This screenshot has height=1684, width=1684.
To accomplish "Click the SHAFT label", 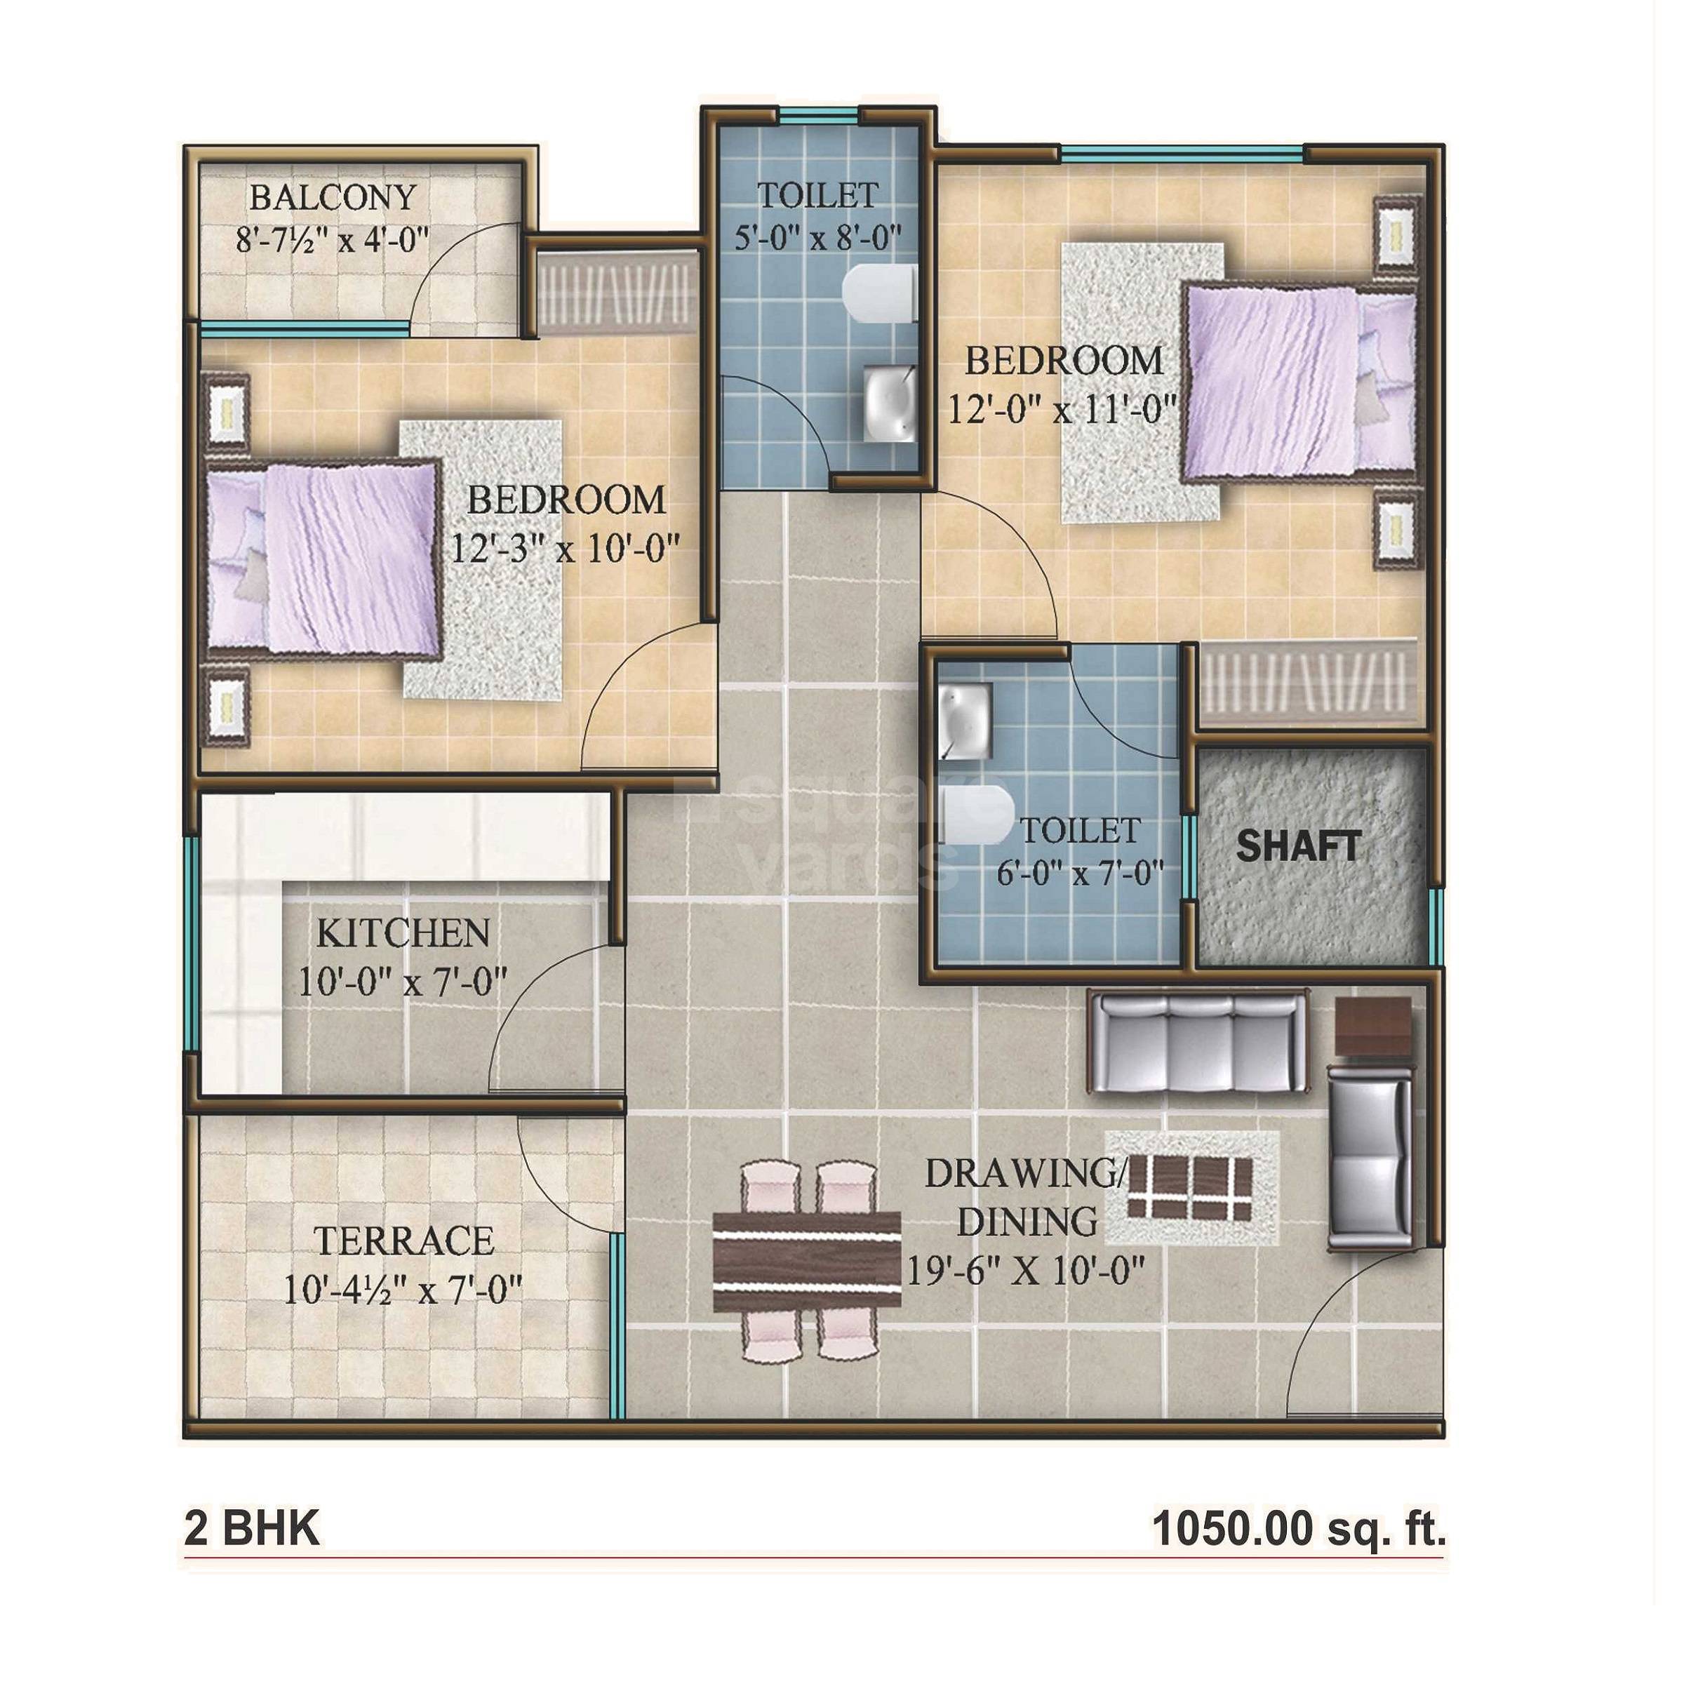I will [x=1298, y=846].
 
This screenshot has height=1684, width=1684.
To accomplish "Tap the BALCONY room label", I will [x=333, y=198].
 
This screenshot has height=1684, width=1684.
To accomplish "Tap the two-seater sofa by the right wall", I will [x=1370, y=1156].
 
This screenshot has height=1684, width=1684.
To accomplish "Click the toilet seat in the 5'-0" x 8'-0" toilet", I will [x=878, y=295].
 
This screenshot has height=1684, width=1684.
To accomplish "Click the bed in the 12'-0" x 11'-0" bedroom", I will [x=1299, y=382].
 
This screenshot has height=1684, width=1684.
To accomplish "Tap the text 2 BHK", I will [x=252, y=1528].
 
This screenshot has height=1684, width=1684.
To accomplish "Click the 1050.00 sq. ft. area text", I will [x=1298, y=1528].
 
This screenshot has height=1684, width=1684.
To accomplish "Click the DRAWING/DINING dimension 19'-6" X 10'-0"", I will [x=1025, y=1271].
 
